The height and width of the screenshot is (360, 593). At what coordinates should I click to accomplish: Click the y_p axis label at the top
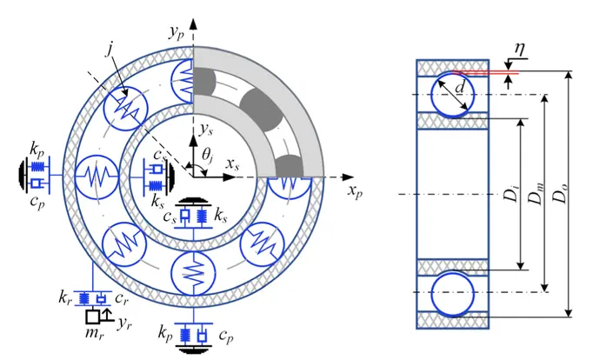pyautogui.click(x=176, y=33)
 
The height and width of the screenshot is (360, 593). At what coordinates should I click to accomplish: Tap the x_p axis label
pyautogui.click(x=355, y=190)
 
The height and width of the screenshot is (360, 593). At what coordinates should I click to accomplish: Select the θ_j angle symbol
pyautogui.click(x=207, y=156)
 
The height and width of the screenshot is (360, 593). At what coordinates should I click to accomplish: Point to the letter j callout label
pyautogui.click(x=110, y=50)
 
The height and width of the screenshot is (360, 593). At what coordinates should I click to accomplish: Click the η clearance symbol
pyautogui.click(x=520, y=50)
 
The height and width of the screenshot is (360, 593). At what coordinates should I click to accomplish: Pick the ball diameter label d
pyautogui.click(x=459, y=87)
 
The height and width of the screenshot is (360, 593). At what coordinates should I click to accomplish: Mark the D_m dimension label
pyautogui.click(x=536, y=193)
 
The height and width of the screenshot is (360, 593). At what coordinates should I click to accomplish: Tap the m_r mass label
pyautogui.click(x=95, y=332)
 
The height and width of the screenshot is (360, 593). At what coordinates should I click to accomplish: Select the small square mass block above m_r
pyautogui.click(x=92, y=317)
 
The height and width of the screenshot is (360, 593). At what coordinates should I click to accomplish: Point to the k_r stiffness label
pyautogui.click(x=65, y=298)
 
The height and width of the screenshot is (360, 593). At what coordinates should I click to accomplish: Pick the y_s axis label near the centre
pyautogui.click(x=206, y=130)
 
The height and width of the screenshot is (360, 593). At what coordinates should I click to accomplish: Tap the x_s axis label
pyautogui.click(x=232, y=164)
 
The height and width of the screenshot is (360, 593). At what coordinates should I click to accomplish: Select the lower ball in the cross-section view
pyautogui.click(x=452, y=293)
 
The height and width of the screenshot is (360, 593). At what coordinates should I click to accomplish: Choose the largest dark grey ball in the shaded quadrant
pyautogui.click(x=262, y=110)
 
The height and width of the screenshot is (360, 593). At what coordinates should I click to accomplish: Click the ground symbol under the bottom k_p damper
pyautogui.click(x=193, y=349)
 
